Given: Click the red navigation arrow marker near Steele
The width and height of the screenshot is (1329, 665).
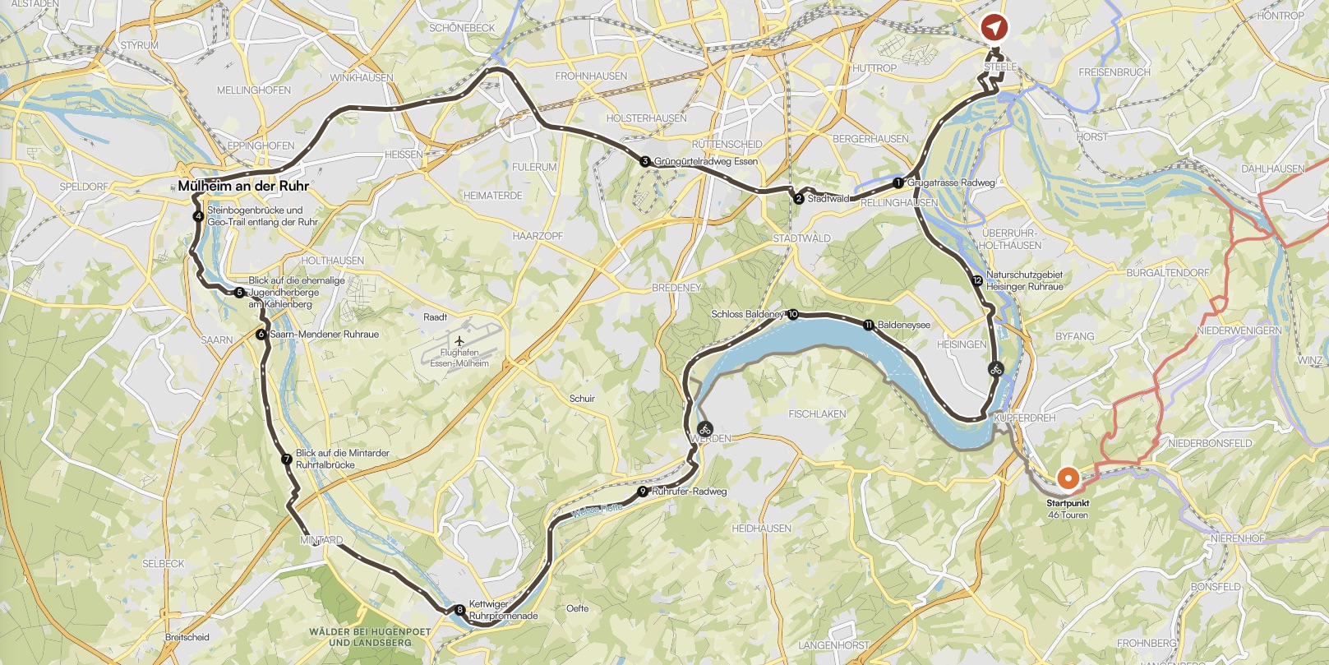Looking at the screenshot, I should pos(994,28).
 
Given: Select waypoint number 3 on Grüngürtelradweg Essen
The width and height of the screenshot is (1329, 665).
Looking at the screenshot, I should pos(645,162).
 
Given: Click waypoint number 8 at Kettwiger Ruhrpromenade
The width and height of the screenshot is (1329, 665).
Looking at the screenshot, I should pos(459,610).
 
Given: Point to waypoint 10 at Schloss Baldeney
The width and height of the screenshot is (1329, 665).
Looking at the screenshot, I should pos(792,314).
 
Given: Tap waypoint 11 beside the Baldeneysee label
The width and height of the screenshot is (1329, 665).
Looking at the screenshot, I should pos(869,326).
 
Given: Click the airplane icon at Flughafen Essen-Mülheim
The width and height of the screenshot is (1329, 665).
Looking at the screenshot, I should pos(459,340).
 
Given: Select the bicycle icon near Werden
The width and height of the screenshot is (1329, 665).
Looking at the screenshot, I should pos(704,427).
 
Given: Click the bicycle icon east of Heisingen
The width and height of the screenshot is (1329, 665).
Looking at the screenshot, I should pos(995,369).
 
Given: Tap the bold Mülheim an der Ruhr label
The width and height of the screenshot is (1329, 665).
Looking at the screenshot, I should pos(243,186).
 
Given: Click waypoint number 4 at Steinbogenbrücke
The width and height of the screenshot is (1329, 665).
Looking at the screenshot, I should pos(198,217).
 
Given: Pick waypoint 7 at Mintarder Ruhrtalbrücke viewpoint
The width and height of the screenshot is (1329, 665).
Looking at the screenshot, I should pos(286,459).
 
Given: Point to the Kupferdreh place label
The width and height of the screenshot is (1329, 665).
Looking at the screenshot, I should pos(1024,418).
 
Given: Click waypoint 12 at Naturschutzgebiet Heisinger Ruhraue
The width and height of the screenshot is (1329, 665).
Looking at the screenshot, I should pos(976,281).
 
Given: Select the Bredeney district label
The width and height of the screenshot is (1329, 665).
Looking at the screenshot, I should pos(676,288).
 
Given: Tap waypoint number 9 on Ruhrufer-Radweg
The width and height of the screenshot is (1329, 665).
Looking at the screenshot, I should pos(642,492).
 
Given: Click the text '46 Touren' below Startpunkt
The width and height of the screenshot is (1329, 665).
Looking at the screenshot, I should pos(1068,515).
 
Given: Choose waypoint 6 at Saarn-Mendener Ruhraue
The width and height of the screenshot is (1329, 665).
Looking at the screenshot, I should pos(261,335).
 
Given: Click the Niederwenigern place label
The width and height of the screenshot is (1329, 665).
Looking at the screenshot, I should pos(1239,330).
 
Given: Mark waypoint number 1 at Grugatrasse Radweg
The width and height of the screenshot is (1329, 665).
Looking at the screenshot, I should pos(898,182).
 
